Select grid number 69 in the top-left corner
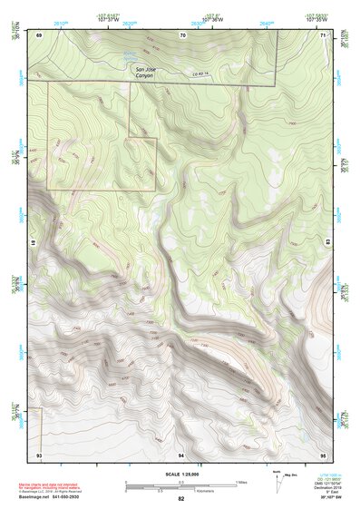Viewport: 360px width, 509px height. [39, 34]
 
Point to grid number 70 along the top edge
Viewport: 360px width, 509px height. [182, 34]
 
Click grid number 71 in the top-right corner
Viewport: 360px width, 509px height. [324, 34]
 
